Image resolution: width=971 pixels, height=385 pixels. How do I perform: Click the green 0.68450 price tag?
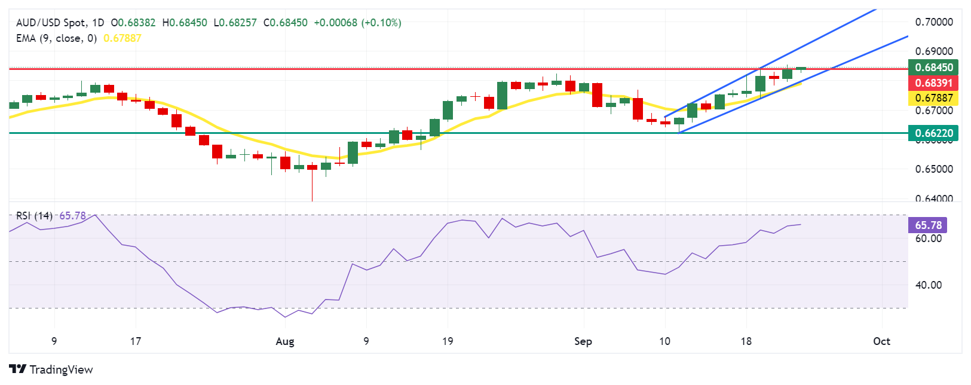(933, 67)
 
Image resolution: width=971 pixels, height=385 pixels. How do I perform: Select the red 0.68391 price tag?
(933, 82)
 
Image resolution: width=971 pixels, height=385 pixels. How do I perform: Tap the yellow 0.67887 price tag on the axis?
(933, 98)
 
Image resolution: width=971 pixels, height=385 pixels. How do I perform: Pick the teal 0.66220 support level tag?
(933, 133)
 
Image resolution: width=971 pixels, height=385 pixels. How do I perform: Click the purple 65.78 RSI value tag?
(927, 225)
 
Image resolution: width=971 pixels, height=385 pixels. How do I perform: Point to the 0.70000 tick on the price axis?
(934, 22)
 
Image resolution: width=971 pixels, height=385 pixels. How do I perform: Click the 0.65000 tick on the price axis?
(934, 169)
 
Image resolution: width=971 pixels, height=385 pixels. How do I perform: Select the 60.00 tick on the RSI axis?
(928, 239)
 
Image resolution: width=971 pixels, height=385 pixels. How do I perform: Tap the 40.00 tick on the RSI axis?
(928, 285)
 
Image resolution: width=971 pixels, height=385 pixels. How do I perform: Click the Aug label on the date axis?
(285, 341)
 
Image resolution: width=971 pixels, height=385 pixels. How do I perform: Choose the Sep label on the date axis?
(583, 341)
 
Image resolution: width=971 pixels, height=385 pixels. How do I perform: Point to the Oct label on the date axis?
(881, 341)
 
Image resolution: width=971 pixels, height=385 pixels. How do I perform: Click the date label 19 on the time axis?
(448, 341)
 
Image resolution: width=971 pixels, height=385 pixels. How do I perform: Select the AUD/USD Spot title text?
(51, 23)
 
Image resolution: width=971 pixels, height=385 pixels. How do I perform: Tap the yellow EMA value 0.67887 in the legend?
(122, 38)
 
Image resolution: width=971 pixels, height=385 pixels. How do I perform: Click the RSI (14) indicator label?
(34, 216)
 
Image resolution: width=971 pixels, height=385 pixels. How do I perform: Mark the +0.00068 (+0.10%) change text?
(357, 23)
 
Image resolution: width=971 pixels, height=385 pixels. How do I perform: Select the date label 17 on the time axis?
(136, 341)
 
